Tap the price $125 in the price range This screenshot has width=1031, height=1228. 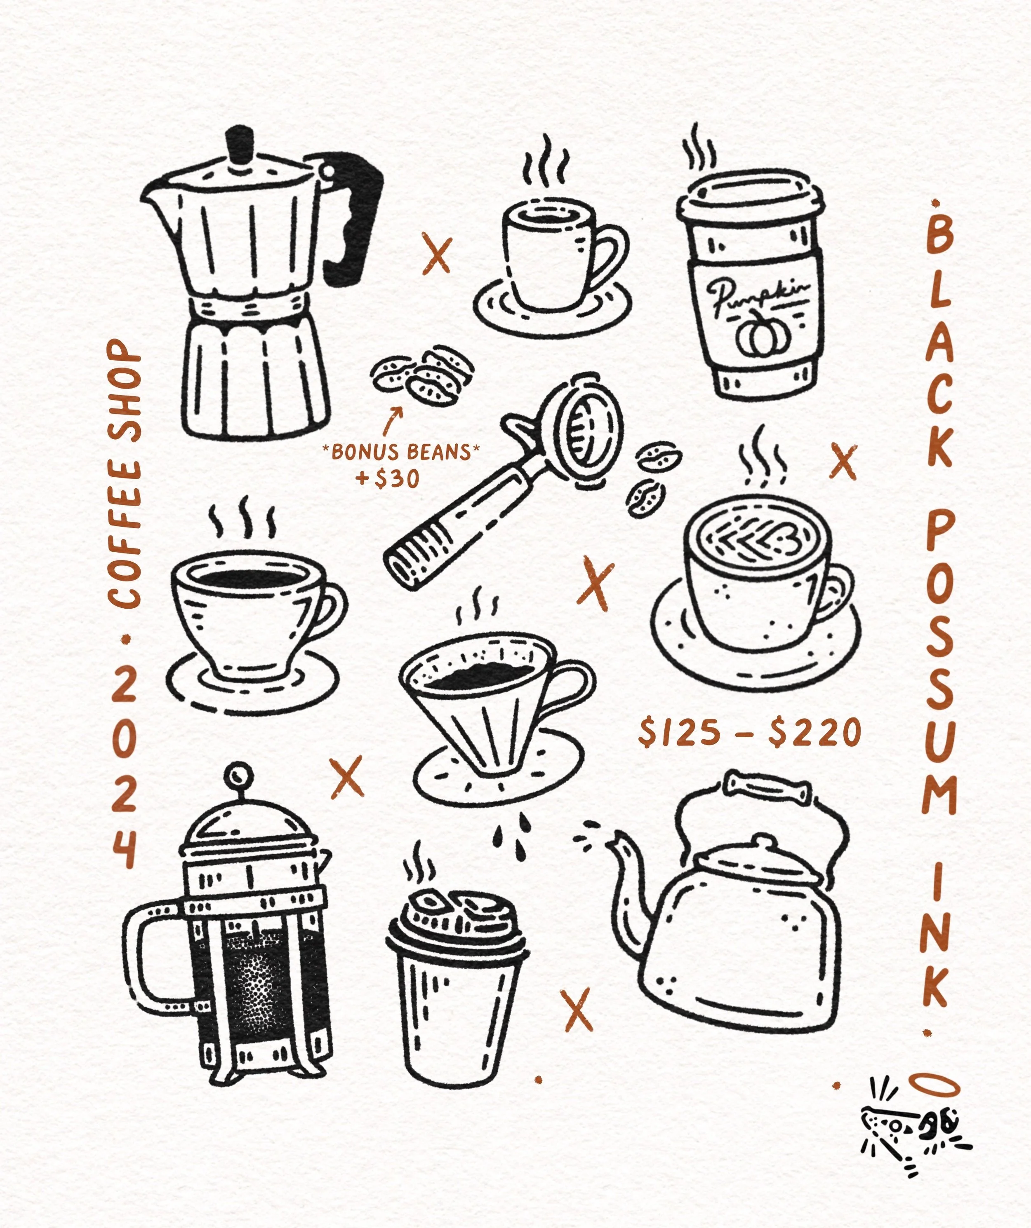tap(679, 733)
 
